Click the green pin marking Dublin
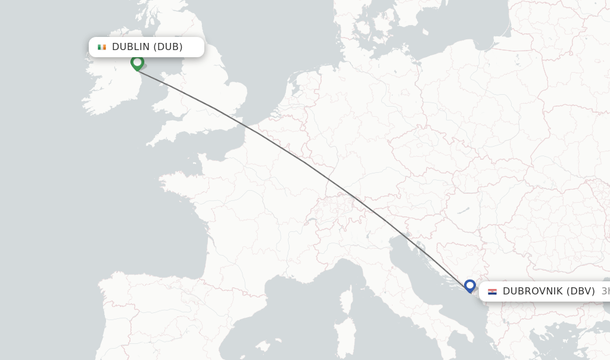137,62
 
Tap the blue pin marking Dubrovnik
470,286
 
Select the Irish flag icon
102,47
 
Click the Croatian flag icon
492,291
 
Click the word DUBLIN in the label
130,47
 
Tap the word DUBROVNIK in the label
531,291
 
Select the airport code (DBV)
580,291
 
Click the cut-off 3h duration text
605,291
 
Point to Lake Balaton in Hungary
463,210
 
